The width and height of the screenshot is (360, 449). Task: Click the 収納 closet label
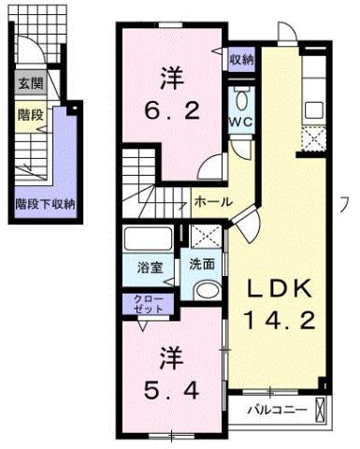[241, 58]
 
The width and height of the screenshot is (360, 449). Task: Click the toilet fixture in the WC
[241, 99]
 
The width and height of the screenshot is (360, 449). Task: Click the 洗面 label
[201, 265]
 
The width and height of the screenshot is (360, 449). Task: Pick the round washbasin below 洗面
[205, 291]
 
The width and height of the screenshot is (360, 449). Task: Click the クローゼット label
[141, 303]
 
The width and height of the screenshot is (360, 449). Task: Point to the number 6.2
[170, 110]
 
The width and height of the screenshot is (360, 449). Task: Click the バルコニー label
[277, 409]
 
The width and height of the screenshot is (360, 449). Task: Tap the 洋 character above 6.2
[169, 76]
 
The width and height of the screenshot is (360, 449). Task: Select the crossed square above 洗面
[203, 238]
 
